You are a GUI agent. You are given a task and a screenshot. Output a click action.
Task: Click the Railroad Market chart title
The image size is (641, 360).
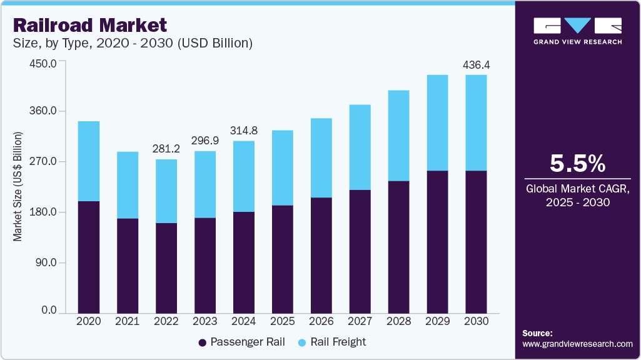click(x=89, y=25)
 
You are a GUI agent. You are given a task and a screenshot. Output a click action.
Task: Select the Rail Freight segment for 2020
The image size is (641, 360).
click(x=88, y=161)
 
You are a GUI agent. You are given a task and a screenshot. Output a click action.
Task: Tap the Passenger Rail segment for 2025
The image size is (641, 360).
click(x=282, y=258)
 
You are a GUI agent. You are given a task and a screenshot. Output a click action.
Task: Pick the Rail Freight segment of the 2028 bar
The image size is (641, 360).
click(x=398, y=136)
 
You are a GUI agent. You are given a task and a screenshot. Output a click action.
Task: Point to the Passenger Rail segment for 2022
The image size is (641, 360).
click(x=166, y=267)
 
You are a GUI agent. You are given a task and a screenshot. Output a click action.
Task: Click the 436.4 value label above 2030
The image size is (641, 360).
click(x=475, y=64)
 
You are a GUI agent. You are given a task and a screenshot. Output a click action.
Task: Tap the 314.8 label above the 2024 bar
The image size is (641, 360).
click(x=243, y=131)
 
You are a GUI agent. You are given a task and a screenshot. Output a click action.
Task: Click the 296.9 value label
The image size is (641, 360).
click(x=204, y=141)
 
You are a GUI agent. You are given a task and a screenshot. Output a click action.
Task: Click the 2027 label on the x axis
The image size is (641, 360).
click(x=360, y=321)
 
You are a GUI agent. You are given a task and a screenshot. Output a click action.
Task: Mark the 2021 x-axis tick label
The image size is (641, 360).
click(x=127, y=321)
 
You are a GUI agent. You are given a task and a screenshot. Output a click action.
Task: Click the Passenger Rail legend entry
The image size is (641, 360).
click(x=241, y=342)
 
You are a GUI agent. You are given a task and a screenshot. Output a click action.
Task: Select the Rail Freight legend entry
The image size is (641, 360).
click(x=332, y=342)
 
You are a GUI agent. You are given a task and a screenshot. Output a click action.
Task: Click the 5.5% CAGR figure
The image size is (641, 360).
click(x=577, y=164)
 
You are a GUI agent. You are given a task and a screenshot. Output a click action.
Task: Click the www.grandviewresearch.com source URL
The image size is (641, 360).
click(x=577, y=344)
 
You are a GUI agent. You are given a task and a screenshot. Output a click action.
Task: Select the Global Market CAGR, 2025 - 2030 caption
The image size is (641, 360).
click(x=577, y=195)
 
